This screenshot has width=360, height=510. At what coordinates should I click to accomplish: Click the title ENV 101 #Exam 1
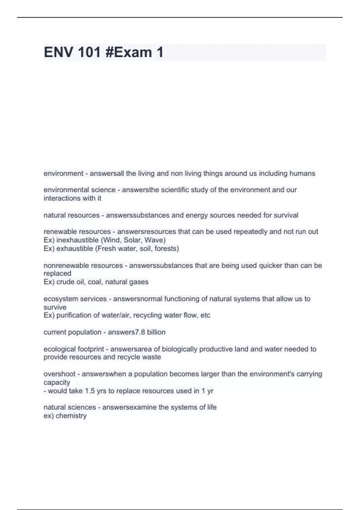click(103, 52)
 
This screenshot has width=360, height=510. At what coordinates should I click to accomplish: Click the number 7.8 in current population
click(140, 332)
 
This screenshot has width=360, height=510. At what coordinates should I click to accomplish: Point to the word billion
click(156, 332)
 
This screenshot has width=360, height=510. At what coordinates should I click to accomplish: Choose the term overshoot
click(59, 374)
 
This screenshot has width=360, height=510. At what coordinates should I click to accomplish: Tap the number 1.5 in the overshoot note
click(90, 391)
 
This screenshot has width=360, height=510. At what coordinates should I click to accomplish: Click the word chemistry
click(71, 416)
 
